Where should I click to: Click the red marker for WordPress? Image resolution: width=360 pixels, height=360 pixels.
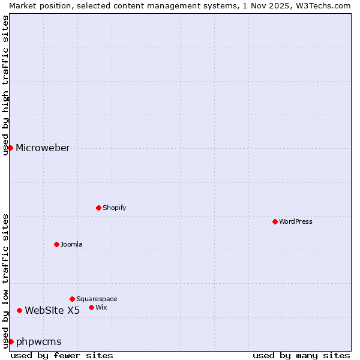pyautogui.click(x=275, y=221)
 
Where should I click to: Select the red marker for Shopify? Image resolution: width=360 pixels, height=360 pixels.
pyautogui.click(x=98, y=208)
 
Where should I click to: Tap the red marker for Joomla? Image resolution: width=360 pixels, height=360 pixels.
pyautogui.click(x=56, y=244)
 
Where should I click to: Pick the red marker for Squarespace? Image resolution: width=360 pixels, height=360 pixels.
pyautogui.click(x=72, y=299)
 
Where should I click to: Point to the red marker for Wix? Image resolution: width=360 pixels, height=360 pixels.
pyautogui.click(x=91, y=307)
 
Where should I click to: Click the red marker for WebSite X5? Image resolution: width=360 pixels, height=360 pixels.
pyautogui.click(x=19, y=310)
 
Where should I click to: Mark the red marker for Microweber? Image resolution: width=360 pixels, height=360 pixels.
pyautogui.click(x=10, y=148)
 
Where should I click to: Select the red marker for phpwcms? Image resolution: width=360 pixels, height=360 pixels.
pyautogui.click(x=11, y=341)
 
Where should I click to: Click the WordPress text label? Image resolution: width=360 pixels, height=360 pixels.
pyautogui.click(x=296, y=221)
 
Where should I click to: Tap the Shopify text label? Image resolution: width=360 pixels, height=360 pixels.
pyautogui.click(x=114, y=208)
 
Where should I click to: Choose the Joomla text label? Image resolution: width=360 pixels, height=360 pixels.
pyautogui.click(x=71, y=244)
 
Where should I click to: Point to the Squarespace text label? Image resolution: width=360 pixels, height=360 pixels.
pyautogui.click(x=97, y=299)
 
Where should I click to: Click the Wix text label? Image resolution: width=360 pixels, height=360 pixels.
pyautogui.click(x=101, y=307)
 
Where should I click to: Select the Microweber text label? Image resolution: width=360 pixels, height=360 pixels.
pyautogui.click(x=43, y=148)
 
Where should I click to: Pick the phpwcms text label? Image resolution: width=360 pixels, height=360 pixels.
pyautogui.click(x=38, y=341)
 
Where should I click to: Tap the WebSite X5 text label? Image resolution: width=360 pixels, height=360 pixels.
pyautogui.click(x=52, y=310)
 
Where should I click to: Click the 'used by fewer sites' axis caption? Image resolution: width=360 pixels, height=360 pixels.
pyautogui.click(x=62, y=355)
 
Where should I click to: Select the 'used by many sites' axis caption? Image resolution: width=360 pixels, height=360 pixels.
pyautogui.click(x=301, y=355)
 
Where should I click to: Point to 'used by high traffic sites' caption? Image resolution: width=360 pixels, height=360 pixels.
pyautogui.click(x=5, y=85)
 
